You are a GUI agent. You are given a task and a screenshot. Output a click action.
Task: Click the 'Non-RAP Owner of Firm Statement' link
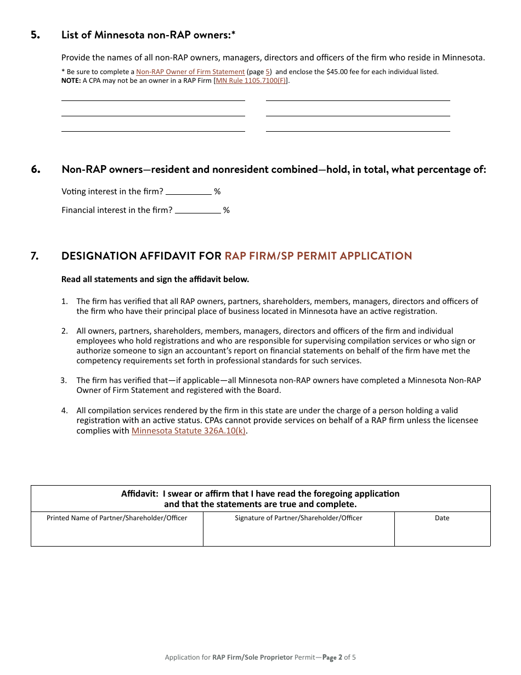[x=190, y=72]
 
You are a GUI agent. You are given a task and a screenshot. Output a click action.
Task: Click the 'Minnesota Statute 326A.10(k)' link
[x=189, y=431]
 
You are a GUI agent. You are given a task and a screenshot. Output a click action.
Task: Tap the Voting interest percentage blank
[x=188, y=192]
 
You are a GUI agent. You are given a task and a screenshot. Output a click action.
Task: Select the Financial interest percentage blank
[x=197, y=210]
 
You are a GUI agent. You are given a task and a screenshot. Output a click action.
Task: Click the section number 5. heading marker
[x=36, y=35]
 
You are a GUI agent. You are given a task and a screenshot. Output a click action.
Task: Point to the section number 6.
[x=36, y=170]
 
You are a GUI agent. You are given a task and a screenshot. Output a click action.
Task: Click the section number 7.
[x=35, y=256]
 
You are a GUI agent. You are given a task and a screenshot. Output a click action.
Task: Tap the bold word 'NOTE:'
[x=71, y=81]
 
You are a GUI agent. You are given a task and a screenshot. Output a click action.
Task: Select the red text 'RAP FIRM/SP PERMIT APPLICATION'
[x=318, y=256]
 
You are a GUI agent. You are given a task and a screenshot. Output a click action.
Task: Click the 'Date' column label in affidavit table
[x=442, y=518]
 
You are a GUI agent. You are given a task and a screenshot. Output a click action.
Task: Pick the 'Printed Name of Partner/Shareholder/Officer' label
[x=117, y=518]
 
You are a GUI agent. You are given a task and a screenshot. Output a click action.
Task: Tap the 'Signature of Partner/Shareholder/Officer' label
[x=298, y=518]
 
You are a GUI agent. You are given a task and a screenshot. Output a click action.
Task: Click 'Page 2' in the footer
[x=332, y=657]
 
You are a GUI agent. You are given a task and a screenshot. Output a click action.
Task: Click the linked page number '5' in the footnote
[x=268, y=72]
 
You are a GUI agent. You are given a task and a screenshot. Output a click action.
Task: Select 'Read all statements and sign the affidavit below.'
[x=155, y=279]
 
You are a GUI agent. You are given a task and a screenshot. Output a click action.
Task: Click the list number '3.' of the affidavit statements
[x=64, y=380]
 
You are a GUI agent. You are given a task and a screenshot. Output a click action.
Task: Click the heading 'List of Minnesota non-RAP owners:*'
[x=149, y=35]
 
